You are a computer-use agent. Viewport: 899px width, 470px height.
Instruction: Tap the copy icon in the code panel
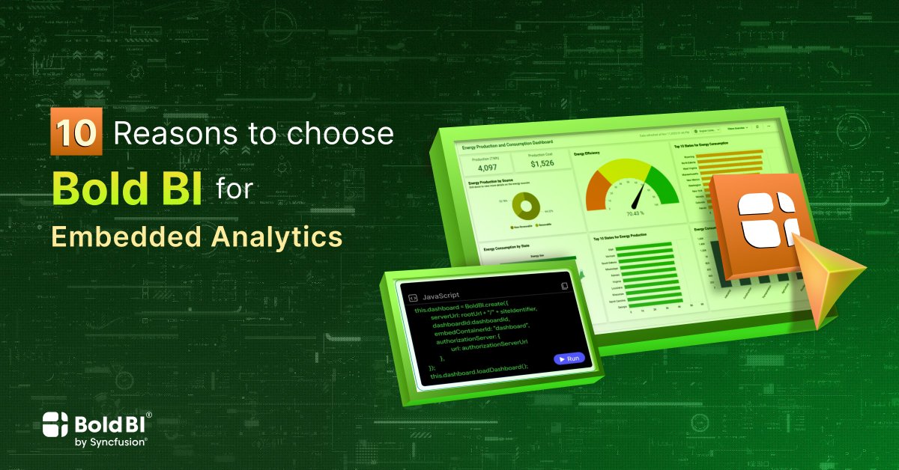click(x=565, y=286)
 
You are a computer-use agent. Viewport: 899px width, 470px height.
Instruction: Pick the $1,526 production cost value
click(x=542, y=164)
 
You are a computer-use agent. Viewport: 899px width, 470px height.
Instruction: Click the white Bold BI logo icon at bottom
click(x=56, y=426)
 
